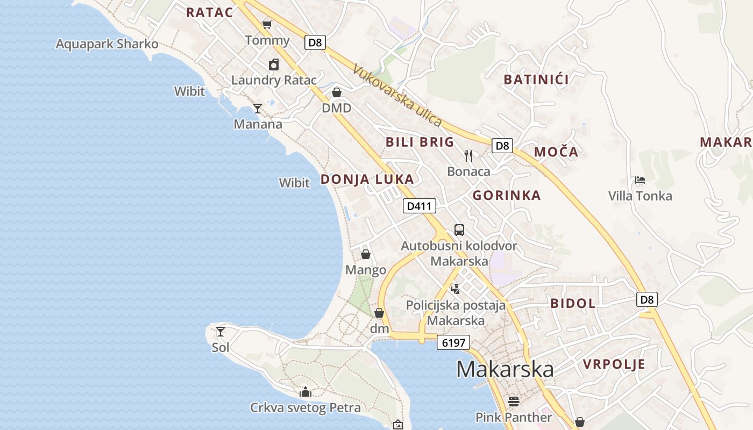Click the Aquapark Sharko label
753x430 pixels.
[x=107, y=44]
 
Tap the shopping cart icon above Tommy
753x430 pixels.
[x=267, y=24]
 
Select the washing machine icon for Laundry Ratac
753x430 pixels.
[x=274, y=65]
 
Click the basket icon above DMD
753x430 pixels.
[x=337, y=92]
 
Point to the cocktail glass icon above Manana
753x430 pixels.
[x=258, y=109]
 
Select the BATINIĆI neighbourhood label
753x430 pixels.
[x=536, y=80]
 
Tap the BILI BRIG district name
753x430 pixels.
[x=420, y=142]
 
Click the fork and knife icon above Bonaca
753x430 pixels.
[x=468, y=156]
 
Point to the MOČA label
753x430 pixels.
[x=556, y=152]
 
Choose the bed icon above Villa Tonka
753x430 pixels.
[x=640, y=180]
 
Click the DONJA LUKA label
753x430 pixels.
[x=367, y=180]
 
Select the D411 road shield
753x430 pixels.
[x=419, y=206]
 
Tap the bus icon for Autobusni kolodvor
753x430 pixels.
[x=459, y=230]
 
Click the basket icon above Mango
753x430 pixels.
[x=366, y=254]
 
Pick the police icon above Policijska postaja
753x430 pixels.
[x=456, y=289]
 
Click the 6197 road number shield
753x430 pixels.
[x=453, y=342]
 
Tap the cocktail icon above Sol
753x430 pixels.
[x=220, y=331]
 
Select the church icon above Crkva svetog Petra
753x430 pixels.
[x=306, y=392]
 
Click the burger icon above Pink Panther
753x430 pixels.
[x=514, y=402]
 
